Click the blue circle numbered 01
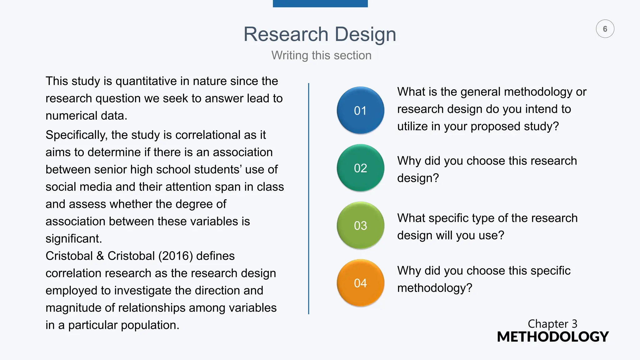[360, 110]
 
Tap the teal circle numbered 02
[360, 168]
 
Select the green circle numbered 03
[360, 225]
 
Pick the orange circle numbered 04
[360, 283]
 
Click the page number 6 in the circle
[605, 29]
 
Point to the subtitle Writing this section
[321, 55]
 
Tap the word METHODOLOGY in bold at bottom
[552, 337]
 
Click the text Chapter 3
[552, 324]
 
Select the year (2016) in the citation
[175, 256]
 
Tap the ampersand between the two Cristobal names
[100, 256]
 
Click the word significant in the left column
[73, 239]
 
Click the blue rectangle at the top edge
[320, 3]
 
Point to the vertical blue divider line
[308, 198]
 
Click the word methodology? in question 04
[434, 288]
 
